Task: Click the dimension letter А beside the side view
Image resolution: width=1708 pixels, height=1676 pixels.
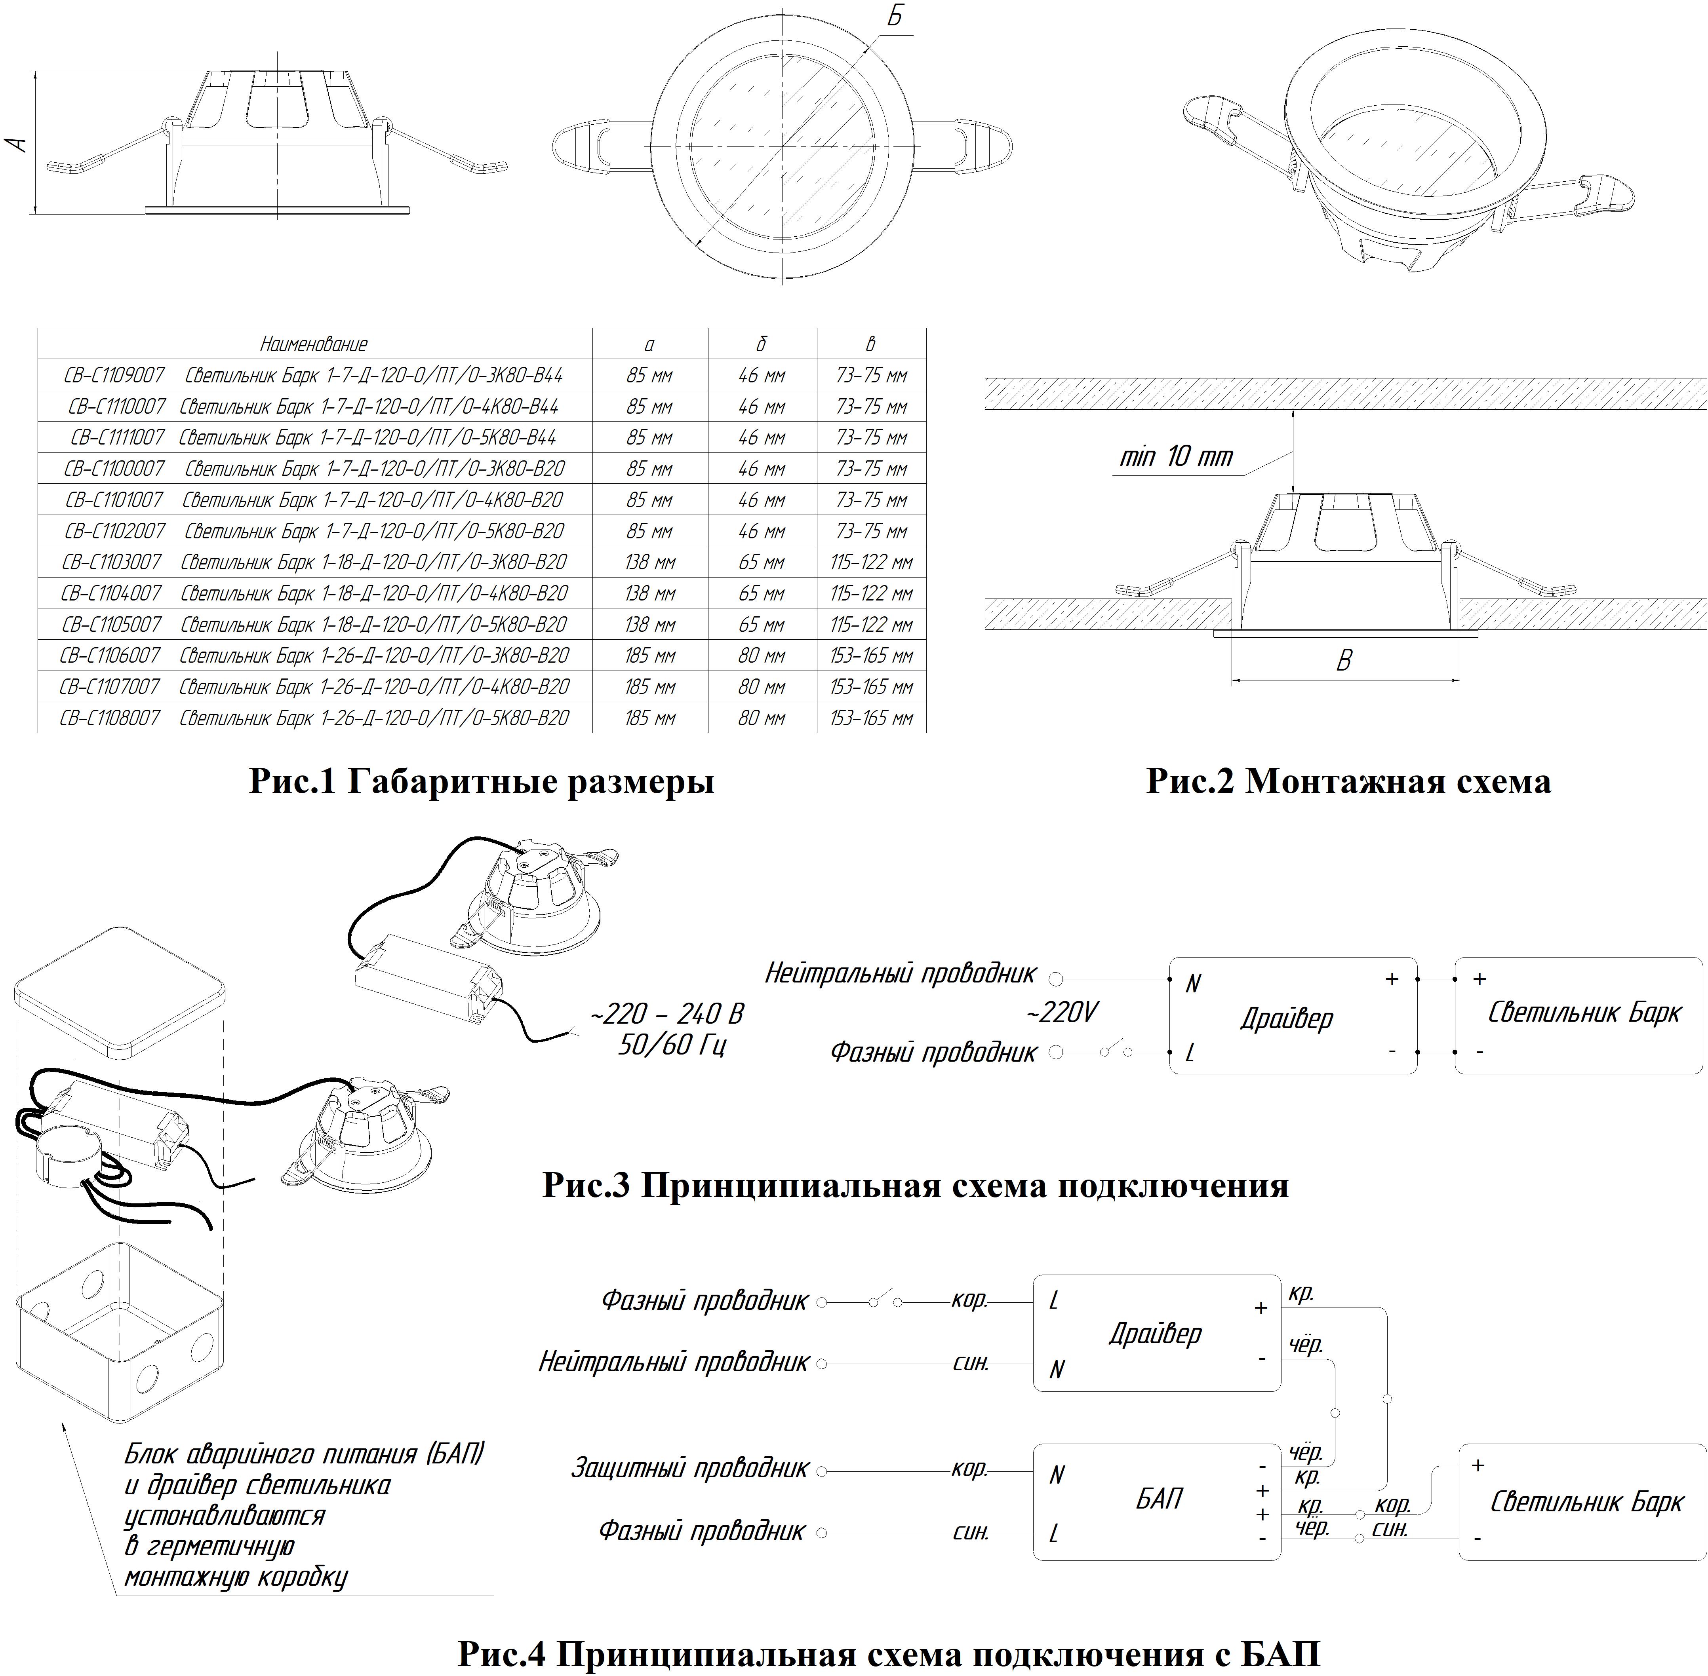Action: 17,143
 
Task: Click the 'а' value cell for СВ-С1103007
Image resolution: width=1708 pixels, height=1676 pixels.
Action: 650,562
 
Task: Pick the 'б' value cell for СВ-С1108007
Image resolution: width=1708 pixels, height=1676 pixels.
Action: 762,717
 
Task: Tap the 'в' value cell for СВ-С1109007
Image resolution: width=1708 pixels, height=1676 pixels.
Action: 872,375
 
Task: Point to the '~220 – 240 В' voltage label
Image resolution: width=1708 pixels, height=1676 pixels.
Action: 666,1014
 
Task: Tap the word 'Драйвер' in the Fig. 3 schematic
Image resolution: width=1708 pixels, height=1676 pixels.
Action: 1286,1019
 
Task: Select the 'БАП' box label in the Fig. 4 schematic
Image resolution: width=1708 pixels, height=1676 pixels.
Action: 1159,1498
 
